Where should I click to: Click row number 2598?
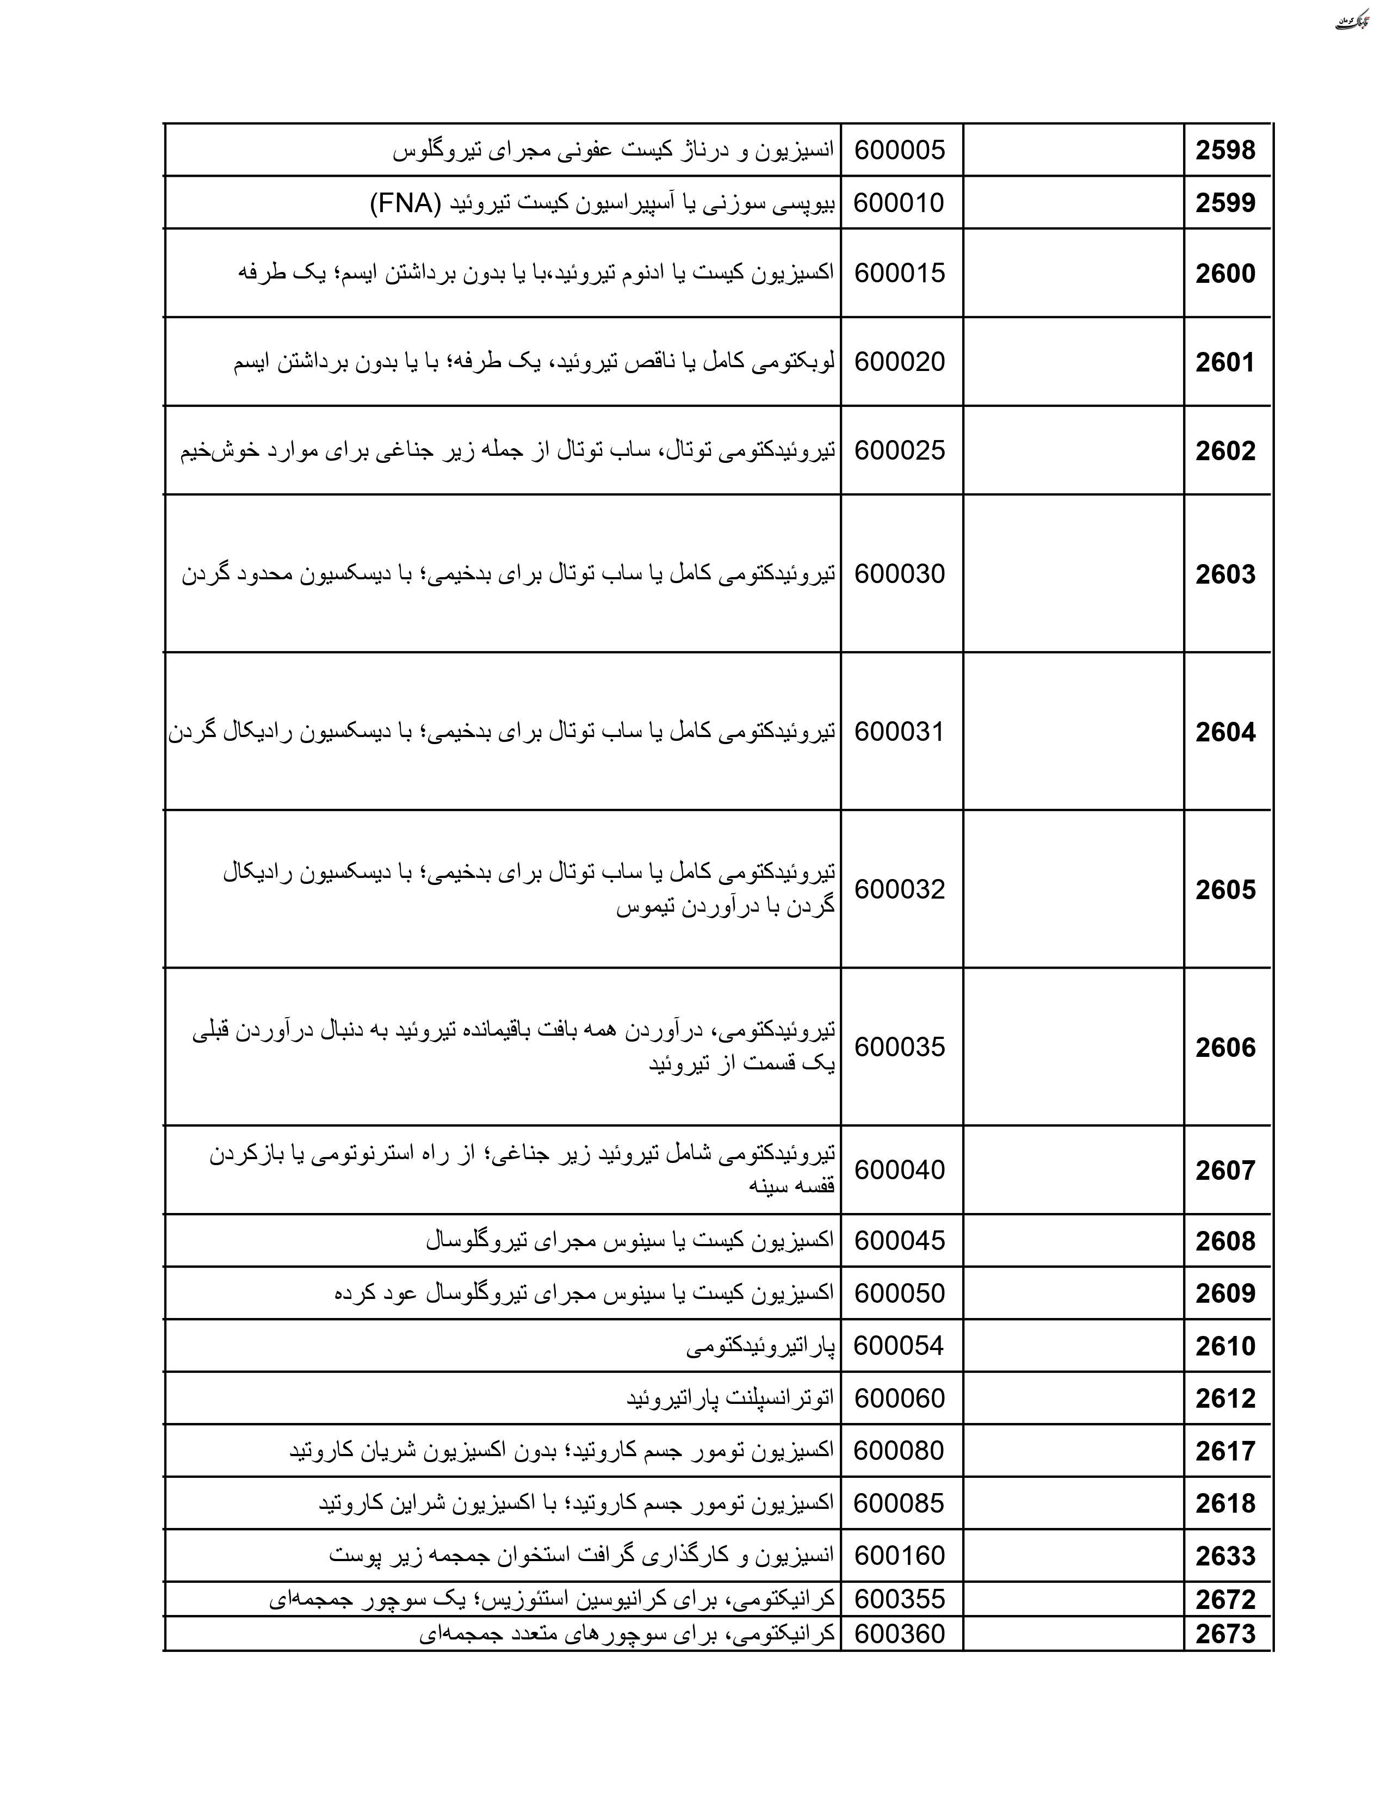[x=1225, y=151]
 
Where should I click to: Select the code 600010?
[x=899, y=203]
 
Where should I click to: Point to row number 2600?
[x=1225, y=274]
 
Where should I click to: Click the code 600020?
[x=900, y=362]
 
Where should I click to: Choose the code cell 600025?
[x=900, y=450]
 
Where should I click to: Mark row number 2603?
[x=1225, y=574]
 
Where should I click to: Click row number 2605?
[x=1225, y=889]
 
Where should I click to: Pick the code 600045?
[x=900, y=1240]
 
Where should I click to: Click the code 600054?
[x=899, y=1345]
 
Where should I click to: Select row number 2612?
[x=1225, y=1398]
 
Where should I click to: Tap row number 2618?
[x=1225, y=1503]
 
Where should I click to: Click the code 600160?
[x=900, y=1555]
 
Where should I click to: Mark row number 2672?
[x=1225, y=1599]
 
